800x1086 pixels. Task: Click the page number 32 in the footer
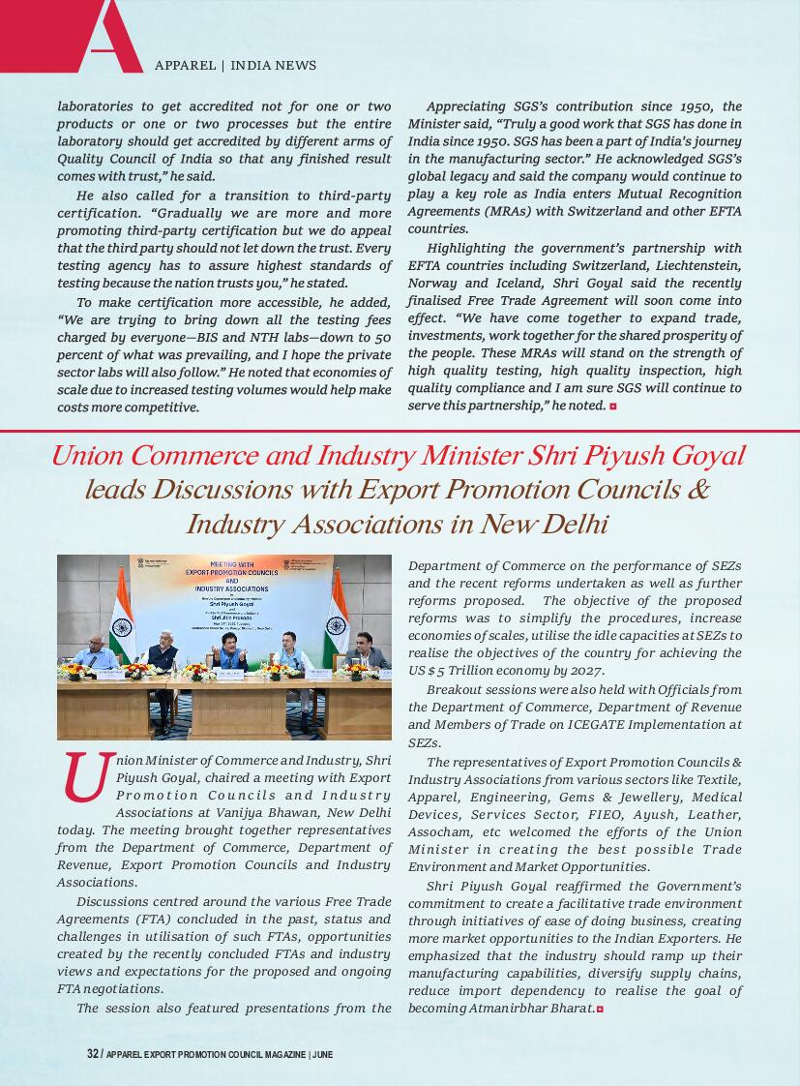93,1054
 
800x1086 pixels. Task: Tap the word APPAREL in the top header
185,66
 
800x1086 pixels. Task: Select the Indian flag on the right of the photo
336,615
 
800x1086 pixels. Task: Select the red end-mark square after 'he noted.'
613,406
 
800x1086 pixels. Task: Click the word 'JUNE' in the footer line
323,1054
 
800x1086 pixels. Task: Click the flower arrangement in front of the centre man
200,671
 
